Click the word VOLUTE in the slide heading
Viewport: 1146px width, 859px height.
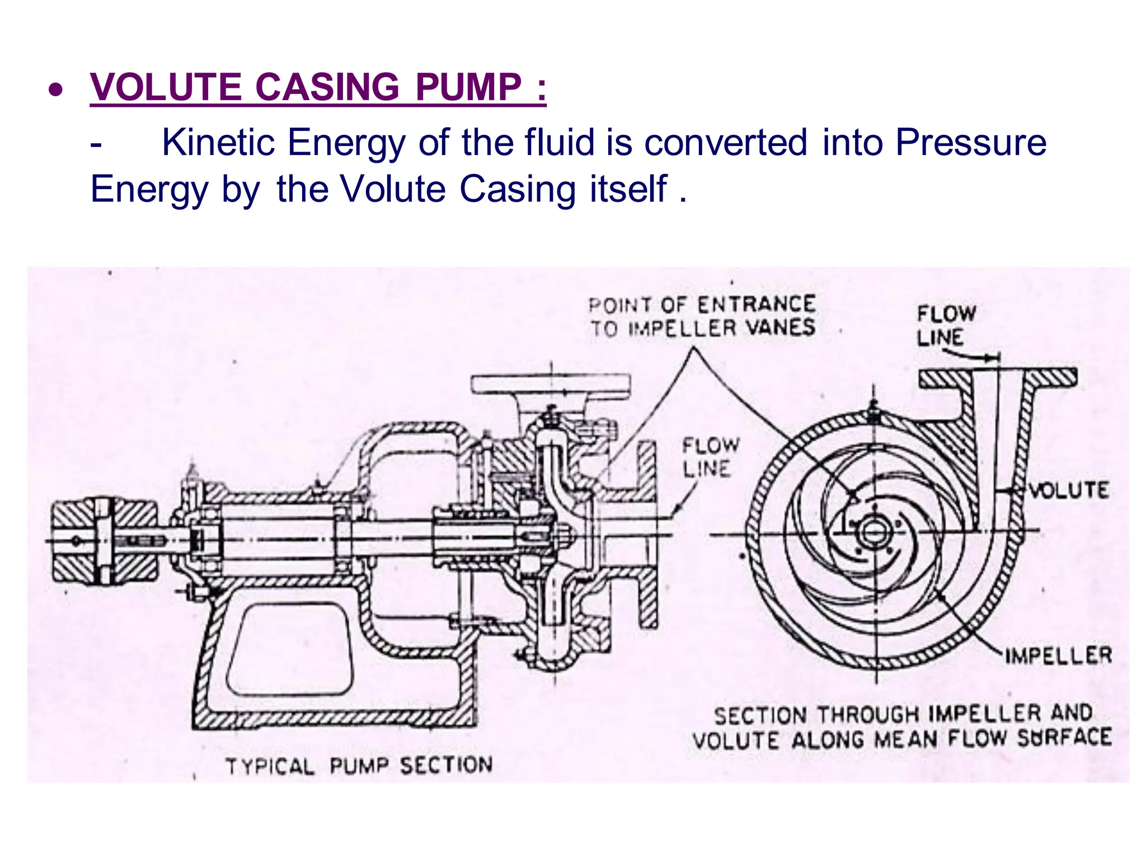[x=166, y=88]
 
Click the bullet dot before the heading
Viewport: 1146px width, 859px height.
[x=55, y=89]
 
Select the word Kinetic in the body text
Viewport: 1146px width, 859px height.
[x=218, y=143]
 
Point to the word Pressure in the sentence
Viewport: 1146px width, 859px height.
[x=970, y=143]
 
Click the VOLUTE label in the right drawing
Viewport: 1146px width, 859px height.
[x=1068, y=490]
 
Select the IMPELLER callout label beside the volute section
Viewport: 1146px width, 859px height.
[x=1058, y=655]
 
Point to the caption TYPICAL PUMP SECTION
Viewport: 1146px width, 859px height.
[x=359, y=766]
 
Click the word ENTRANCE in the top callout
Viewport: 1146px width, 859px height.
[x=756, y=305]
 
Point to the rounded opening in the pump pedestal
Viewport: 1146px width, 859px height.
[x=289, y=649]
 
